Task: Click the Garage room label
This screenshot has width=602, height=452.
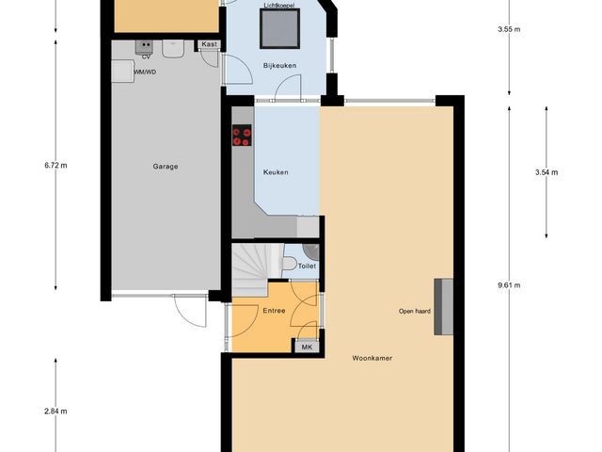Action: coord(166,167)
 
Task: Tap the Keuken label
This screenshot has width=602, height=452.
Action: coord(276,172)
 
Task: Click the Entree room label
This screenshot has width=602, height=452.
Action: coord(274,310)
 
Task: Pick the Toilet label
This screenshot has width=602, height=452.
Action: coord(307,266)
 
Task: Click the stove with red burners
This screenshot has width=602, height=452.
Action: coord(242,137)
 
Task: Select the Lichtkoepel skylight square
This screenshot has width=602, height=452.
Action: coord(278,29)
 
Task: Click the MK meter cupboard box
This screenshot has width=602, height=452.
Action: coord(307,347)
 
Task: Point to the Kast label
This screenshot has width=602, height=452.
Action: coord(209,44)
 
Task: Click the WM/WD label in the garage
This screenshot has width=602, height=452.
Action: coord(145,72)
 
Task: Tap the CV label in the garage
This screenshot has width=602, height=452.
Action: coord(146,56)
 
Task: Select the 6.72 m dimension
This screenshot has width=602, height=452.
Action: coord(55,166)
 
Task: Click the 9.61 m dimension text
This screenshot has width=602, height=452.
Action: coord(509,285)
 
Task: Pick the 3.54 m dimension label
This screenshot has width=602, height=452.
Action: coord(546,172)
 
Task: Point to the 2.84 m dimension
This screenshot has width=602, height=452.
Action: coord(55,411)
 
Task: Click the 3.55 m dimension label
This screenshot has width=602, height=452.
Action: coord(509,29)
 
